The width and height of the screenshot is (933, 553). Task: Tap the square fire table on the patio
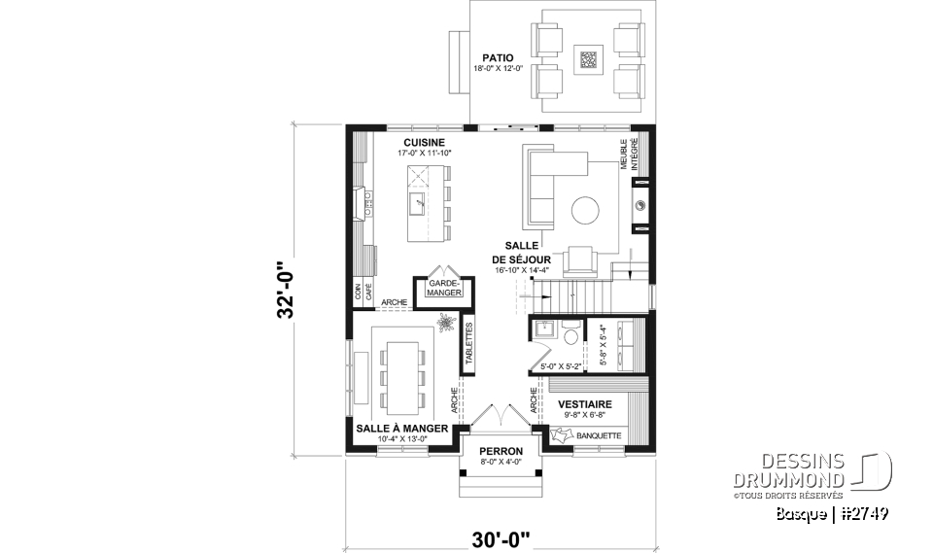click(x=589, y=58)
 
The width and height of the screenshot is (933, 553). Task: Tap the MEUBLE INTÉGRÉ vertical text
click(x=628, y=156)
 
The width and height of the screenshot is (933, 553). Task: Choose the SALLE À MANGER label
click(x=401, y=428)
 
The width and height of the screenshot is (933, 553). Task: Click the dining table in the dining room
click(x=399, y=373)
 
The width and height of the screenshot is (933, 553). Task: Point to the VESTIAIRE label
click(x=584, y=401)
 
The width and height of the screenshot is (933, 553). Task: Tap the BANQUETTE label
click(x=599, y=436)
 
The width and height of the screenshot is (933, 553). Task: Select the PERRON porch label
click(x=501, y=452)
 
